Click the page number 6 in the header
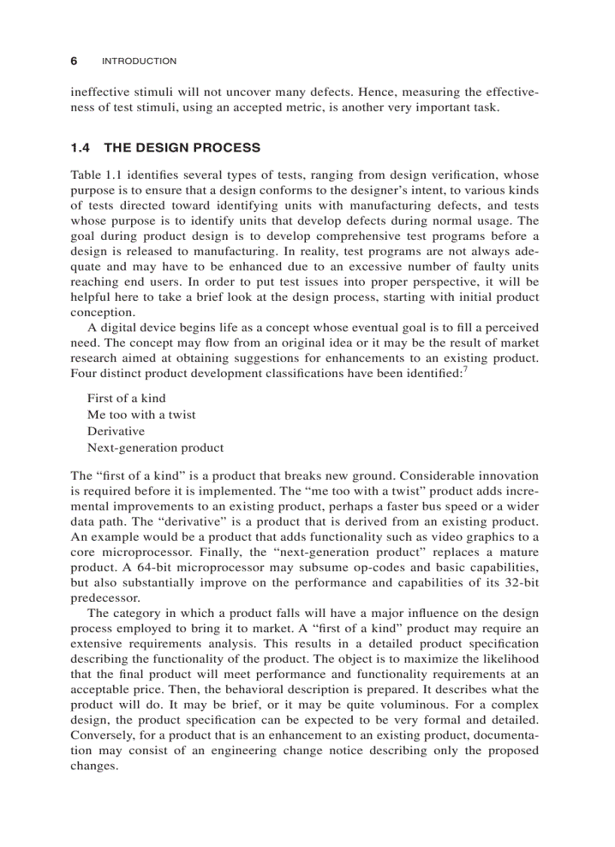coord(74,61)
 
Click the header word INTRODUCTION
coord(139,61)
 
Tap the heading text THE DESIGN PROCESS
coord(182,148)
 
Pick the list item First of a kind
coord(126,398)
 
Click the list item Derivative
coord(115,431)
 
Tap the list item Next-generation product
coord(155,448)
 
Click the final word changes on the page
coord(94,766)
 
